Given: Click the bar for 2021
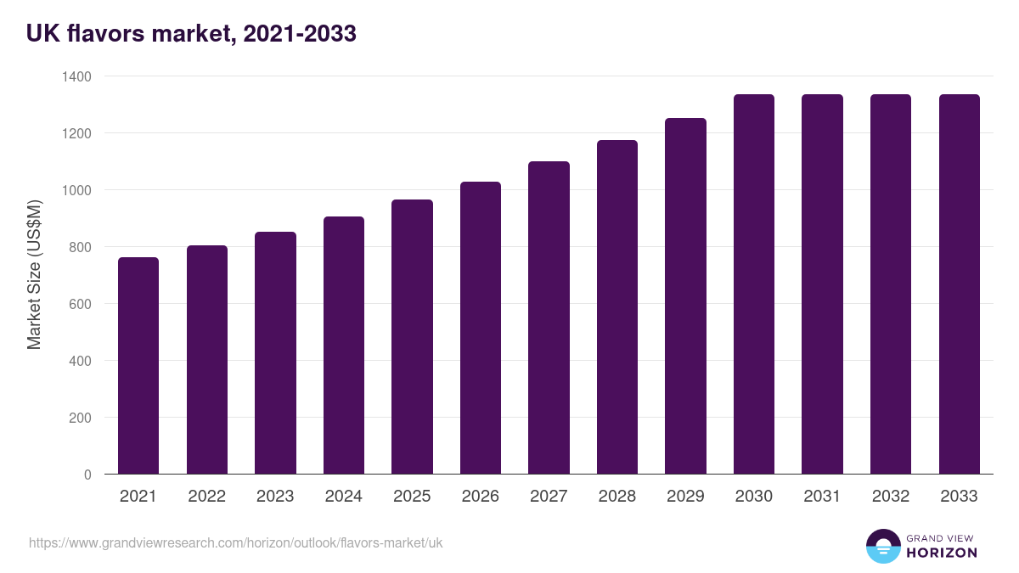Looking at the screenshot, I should tap(138, 365).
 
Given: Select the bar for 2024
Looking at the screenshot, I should tap(344, 345).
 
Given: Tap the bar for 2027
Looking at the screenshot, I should tap(549, 317).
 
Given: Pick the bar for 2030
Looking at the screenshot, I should tap(754, 284).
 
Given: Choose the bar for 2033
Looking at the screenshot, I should tap(959, 284).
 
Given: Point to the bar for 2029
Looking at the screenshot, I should tap(685, 295).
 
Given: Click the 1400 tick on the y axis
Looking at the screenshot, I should tap(76, 76).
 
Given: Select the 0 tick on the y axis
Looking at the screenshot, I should tap(87, 475).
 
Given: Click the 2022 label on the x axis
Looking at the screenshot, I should tap(207, 497).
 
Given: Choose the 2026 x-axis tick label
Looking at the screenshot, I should tap(481, 497).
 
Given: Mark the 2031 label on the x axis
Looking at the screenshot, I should tap(822, 497).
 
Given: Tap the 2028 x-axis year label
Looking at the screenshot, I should tap(617, 497).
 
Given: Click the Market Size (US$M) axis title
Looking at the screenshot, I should tap(34, 275).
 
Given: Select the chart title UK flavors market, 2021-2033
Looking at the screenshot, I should tap(191, 34).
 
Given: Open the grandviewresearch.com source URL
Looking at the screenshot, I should tap(236, 542).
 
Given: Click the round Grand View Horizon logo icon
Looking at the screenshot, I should tap(883, 546).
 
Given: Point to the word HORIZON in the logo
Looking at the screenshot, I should tap(942, 553).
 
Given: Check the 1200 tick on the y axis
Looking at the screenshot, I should tap(76, 133).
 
